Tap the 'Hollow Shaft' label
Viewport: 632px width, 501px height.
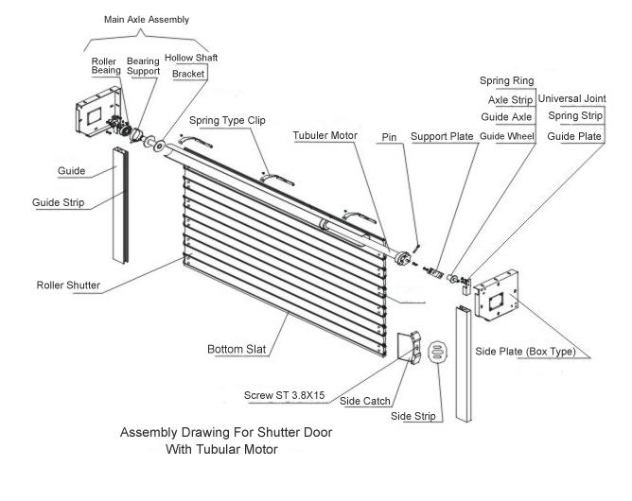coord(191,58)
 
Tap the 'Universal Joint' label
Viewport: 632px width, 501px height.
coord(571,97)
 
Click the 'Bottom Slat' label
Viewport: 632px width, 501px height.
coord(237,350)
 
